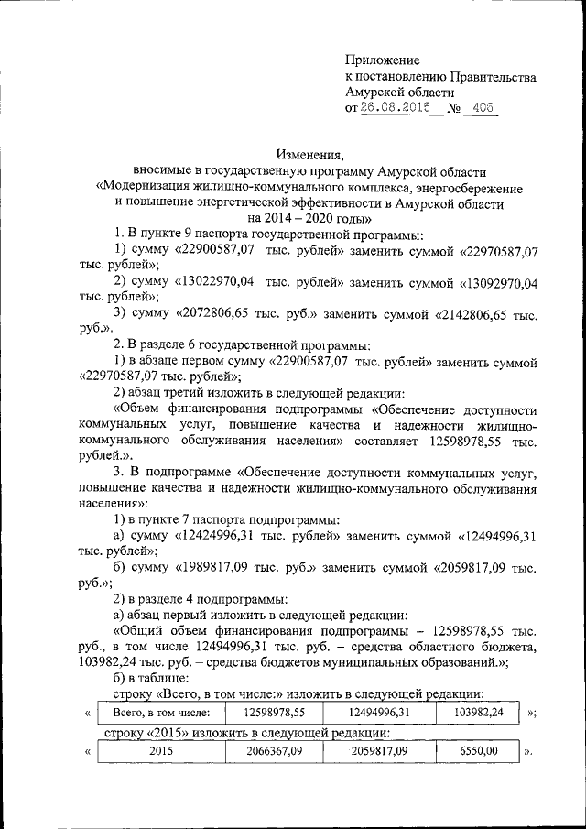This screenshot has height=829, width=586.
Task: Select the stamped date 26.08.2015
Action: pyautogui.click(x=396, y=108)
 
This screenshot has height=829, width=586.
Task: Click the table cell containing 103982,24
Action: pyautogui.click(x=477, y=712)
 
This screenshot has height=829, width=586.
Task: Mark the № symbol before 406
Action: pyautogui.click(x=451, y=108)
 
